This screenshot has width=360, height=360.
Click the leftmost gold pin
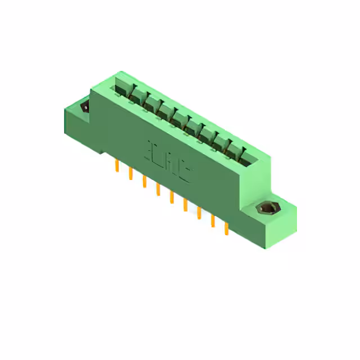coord(116,165)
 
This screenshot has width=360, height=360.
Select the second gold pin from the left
coord(130,173)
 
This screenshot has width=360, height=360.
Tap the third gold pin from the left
coord(144,181)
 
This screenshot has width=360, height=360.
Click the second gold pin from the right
coord(213,221)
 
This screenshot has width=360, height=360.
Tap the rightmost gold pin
coord(226,228)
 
